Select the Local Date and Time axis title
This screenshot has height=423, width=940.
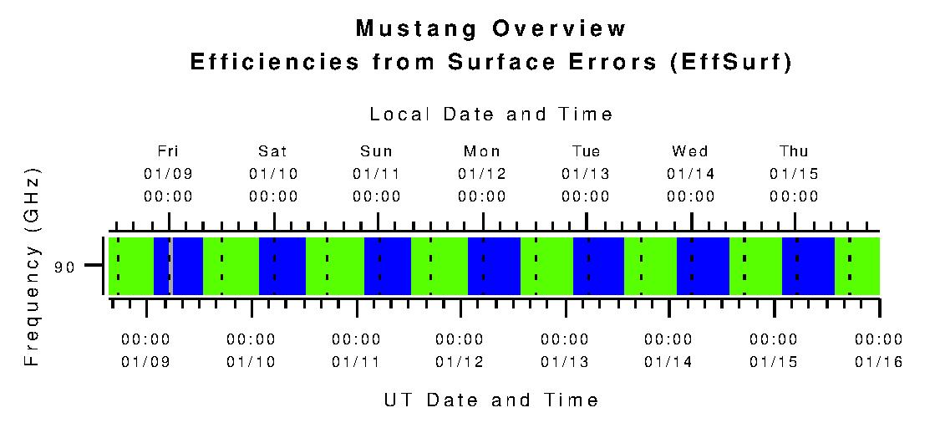(491, 115)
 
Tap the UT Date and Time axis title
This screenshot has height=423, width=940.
(491, 400)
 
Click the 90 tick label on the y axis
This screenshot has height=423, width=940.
(65, 268)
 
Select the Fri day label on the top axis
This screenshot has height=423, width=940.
(169, 151)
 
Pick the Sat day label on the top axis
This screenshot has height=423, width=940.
(273, 151)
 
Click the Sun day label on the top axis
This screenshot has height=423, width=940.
(377, 151)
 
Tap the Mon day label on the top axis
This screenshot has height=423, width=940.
(482, 151)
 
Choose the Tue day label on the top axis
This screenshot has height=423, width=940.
(586, 151)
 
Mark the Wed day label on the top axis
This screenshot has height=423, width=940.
(690, 151)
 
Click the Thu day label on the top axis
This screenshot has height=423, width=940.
(794, 151)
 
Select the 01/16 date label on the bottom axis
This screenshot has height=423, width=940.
(878, 362)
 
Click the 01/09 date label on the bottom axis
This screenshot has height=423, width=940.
(146, 362)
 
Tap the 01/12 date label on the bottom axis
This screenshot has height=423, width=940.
(460, 362)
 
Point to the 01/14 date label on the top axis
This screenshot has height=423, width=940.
(690, 174)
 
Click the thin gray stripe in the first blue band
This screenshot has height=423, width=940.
(170, 266)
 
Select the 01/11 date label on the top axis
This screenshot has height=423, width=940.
(377, 174)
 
